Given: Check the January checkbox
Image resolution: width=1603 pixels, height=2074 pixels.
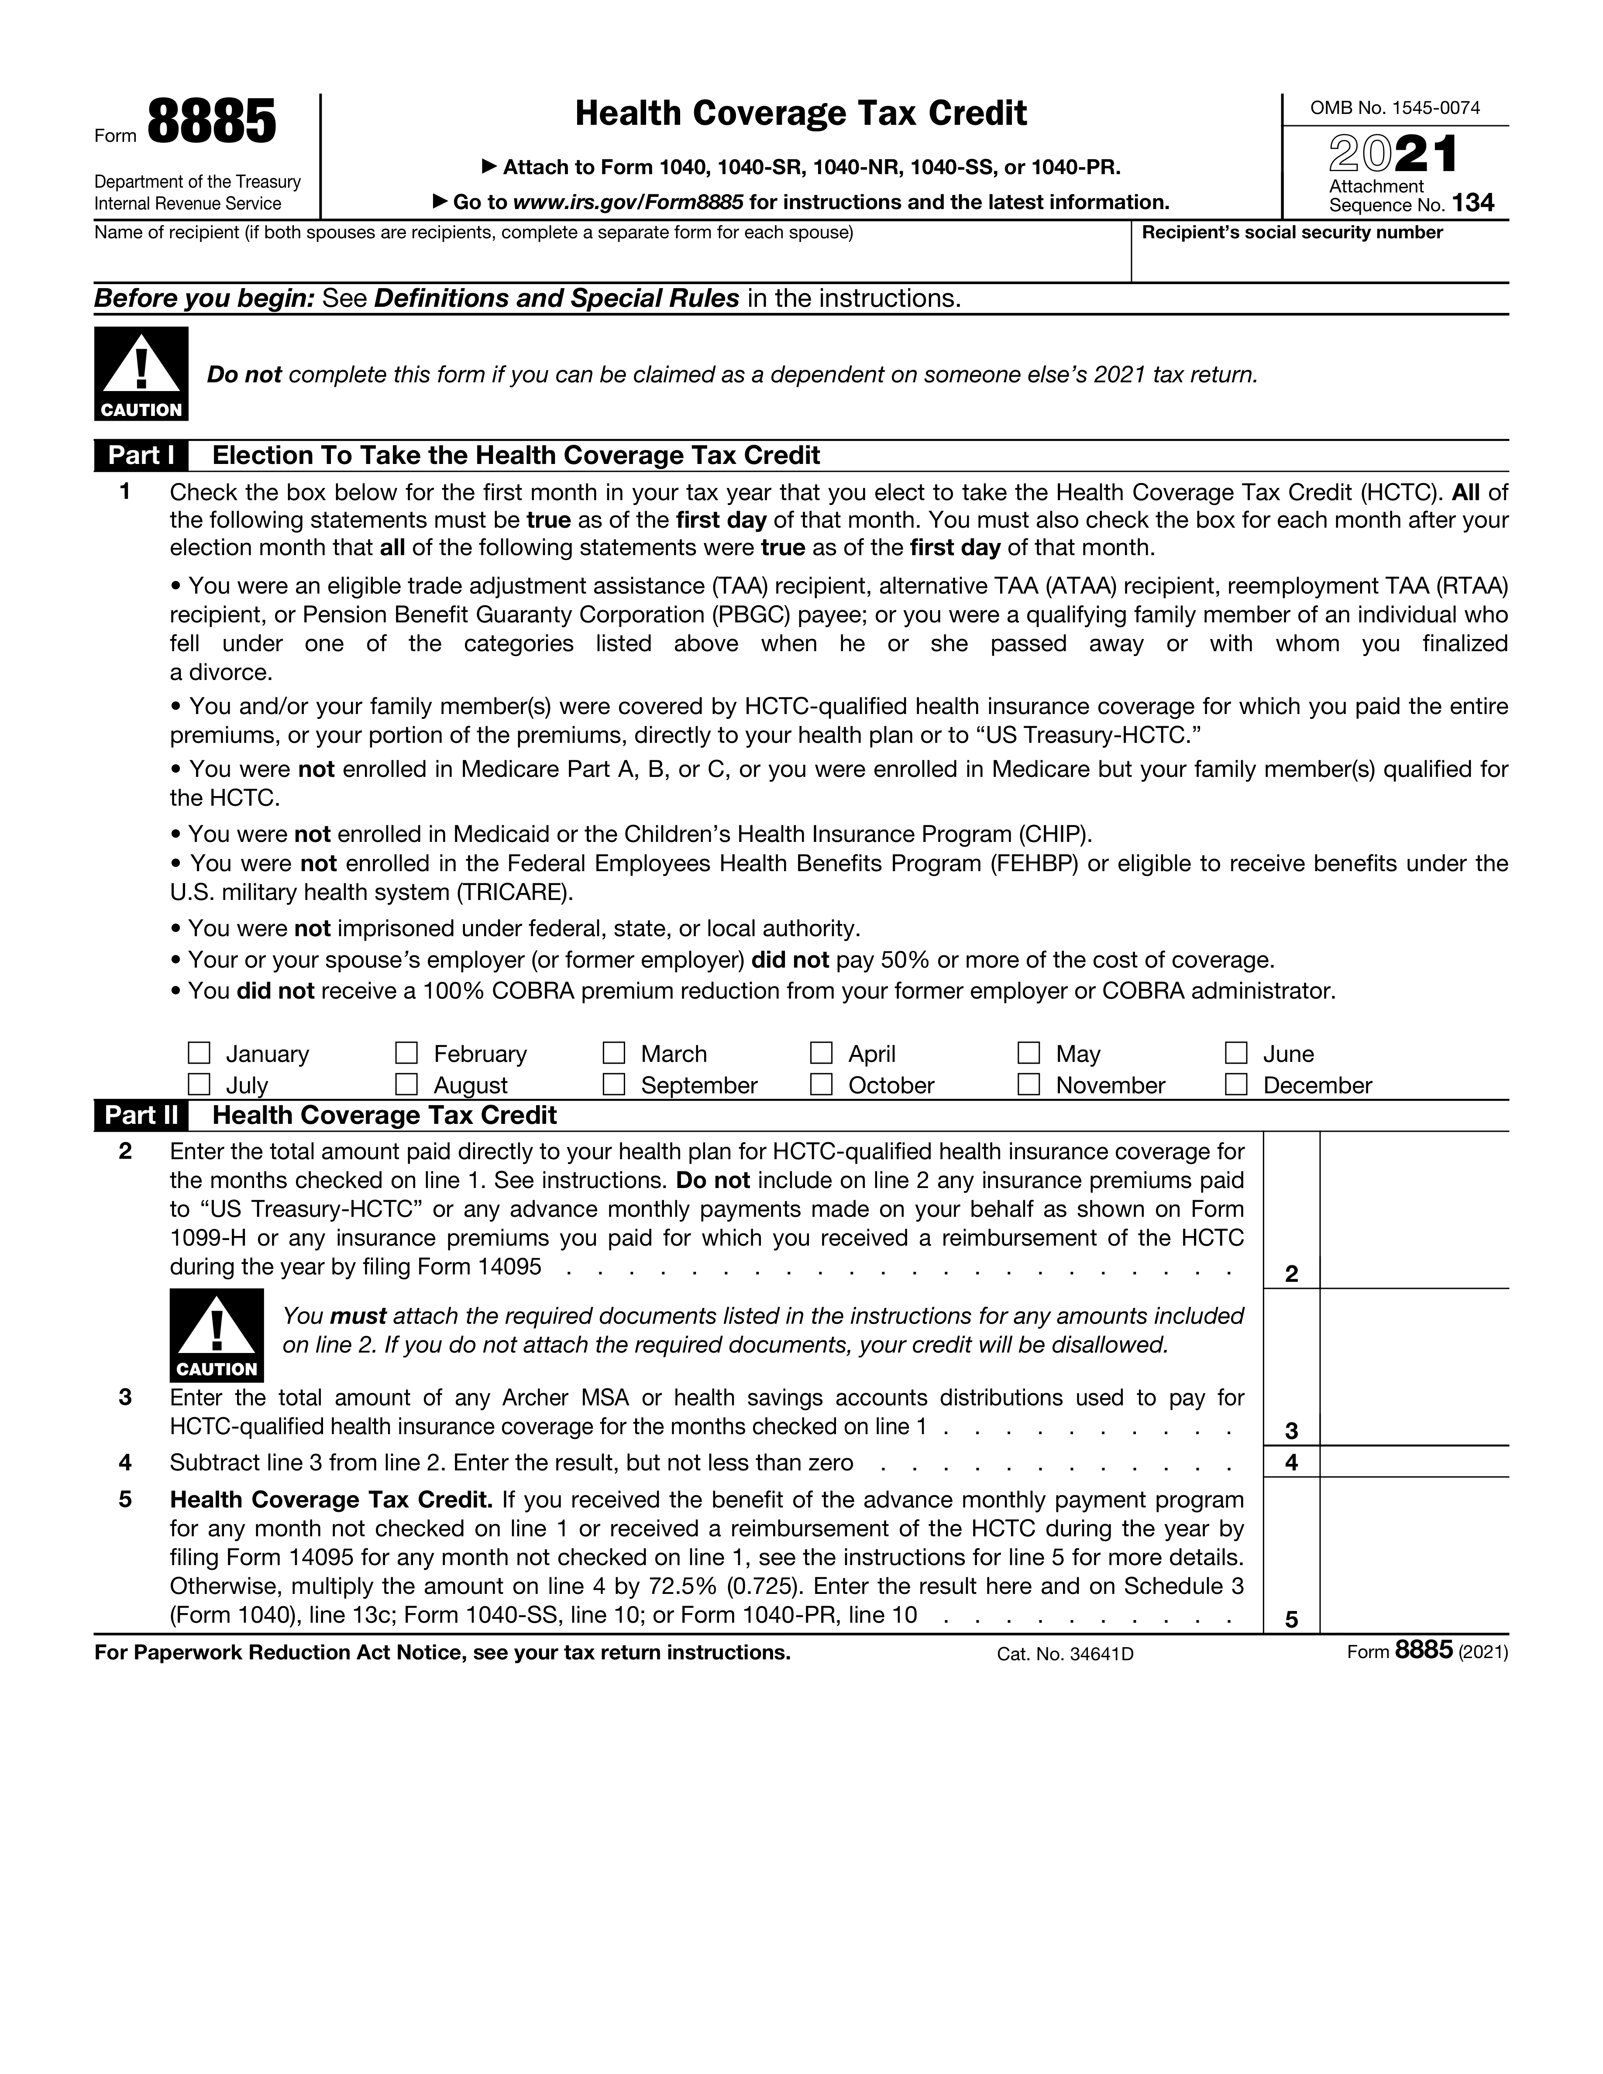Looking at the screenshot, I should (x=199, y=1053).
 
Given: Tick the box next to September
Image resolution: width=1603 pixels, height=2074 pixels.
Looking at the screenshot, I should (x=614, y=1085).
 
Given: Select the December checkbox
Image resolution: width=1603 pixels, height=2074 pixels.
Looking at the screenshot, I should (x=1235, y=1085).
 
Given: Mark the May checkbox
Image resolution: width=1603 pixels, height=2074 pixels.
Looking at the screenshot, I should (x=1029, y=1053).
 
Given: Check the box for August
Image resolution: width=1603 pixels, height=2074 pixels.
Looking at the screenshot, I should (x=406, y=1085).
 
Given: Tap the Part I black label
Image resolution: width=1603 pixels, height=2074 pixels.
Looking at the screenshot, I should (x=141, y=456).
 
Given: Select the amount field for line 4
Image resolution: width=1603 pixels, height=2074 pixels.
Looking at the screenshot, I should (x=1413, y=1462).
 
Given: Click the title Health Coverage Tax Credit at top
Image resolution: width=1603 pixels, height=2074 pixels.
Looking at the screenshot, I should (x=801, y=114).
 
